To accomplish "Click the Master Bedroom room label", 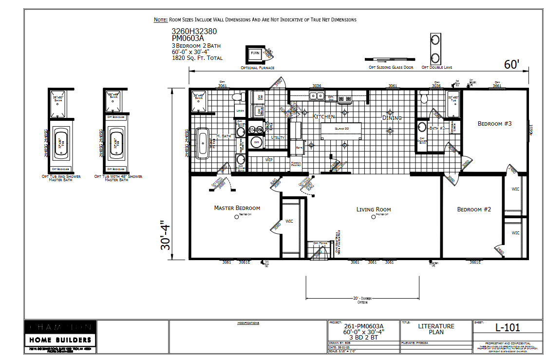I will (x=237, y=208).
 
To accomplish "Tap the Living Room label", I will (x=374, y=209).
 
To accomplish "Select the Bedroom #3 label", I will (x=494, y=124).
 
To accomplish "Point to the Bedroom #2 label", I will (x=474, y=209).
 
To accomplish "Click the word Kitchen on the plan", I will (x=323, y=117).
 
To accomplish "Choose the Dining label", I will (x=392, y=118).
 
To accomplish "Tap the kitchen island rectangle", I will (x=341, y=132).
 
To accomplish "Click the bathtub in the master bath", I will (x=203, y=144).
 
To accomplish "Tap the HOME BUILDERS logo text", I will (x=59, y=340).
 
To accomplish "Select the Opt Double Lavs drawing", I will (x=434, y=48).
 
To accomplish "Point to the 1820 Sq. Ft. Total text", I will (x=197, y=58).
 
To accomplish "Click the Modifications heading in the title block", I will (x=248, y=323).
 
